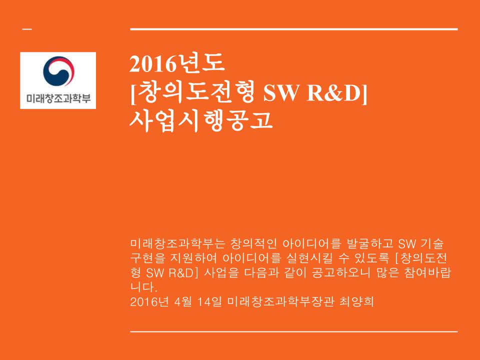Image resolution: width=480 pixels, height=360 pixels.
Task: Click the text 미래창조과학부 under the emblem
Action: pos(58,98)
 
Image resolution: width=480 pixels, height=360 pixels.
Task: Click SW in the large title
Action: pos(283,93)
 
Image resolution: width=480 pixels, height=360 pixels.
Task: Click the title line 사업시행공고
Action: pos(201,120)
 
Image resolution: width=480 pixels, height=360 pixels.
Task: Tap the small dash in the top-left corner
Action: pos(26,29)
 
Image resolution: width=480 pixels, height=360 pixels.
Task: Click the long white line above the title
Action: pos(293,29)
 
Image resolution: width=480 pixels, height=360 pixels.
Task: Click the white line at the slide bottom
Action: pos(293,331)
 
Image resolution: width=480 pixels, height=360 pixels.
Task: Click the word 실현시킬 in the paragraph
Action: pos(318,258)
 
